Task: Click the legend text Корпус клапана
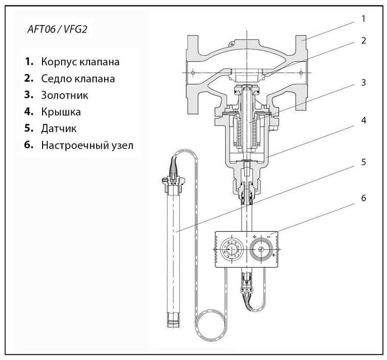point(80,62)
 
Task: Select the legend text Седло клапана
point(78,79)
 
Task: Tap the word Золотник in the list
point(65,95)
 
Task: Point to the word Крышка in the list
point(61,112)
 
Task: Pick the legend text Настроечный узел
point(87,145)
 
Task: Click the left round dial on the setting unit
point(231,250)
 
